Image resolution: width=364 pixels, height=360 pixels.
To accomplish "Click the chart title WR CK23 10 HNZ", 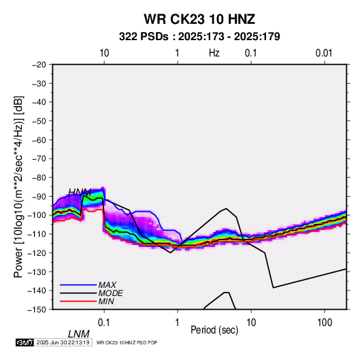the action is coord(199,19).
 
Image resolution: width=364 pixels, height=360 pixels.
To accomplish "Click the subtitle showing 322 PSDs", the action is coord(199,37).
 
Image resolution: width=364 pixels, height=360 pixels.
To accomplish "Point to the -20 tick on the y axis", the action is coord(39,65).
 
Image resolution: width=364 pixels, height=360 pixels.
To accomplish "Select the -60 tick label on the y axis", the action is coord(39,140).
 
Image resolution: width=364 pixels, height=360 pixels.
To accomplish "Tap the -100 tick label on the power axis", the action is coord(37,215).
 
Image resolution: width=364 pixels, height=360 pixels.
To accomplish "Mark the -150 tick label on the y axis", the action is coord(37,310).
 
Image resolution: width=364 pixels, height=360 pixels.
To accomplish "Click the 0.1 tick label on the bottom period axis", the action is coord(104,323).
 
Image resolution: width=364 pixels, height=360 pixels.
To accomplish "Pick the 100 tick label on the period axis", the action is coord(325,323).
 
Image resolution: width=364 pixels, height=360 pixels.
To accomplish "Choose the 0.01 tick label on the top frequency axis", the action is coord(324,53).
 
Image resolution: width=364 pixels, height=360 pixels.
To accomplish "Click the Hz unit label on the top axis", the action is coord(214,53).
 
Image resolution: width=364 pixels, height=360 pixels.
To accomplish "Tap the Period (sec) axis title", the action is coord(214,330).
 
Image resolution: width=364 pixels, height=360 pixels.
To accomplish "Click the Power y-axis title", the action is coord(18,187).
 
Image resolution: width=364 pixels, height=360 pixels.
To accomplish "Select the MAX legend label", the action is coord(107,284).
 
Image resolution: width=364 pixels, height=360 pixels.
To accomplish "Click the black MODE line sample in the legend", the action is coord(78,293).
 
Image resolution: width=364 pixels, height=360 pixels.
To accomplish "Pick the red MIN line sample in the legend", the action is coord(78,301).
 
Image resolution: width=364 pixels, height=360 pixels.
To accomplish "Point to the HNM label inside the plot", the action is coord(80,193).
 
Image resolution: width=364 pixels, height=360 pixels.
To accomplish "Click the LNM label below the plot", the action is coord(79,334).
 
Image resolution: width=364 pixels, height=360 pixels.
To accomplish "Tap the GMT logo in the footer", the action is coord(24,342).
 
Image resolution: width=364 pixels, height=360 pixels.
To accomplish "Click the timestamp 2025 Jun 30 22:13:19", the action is coord(63,342).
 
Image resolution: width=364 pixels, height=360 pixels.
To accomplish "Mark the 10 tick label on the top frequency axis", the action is coord(104,53).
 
